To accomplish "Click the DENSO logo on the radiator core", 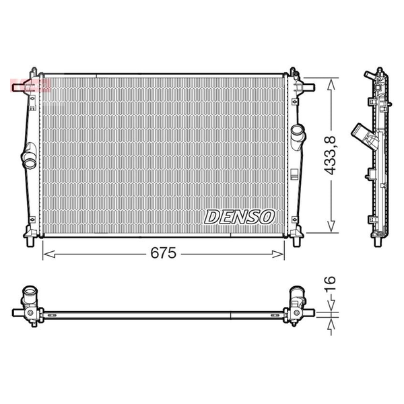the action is click(239, 217).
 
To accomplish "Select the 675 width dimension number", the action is click(164, 252).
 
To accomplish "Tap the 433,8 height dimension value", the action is click(331, 155).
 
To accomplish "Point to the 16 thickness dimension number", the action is click(330, 284).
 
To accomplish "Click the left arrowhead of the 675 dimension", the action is click(49, 255).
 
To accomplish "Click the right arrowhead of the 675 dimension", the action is click(277, 255).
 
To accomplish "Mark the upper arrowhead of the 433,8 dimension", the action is click(331, 84).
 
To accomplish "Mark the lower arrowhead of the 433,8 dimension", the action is click(331, 226).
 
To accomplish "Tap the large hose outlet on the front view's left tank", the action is click(29, 156).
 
